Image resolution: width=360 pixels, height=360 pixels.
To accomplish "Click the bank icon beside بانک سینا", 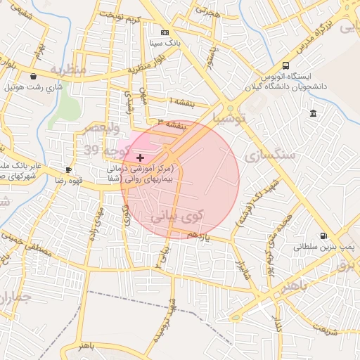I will point(165,32).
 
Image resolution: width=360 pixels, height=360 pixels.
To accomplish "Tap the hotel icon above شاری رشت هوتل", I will point(33,77).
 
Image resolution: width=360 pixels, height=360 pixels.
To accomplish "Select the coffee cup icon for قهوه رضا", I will point(68,169).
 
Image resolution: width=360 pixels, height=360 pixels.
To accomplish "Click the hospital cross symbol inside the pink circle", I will point(140,157).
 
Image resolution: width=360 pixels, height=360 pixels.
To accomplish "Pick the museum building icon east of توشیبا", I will point(312,113).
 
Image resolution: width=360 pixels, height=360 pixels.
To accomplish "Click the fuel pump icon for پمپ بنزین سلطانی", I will point(323,236).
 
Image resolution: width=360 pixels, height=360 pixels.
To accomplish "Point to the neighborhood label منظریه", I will point(67,70).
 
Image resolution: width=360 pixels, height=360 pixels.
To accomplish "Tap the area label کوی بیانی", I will point(176,217).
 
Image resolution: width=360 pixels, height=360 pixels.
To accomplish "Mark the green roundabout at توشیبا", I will point(230,110).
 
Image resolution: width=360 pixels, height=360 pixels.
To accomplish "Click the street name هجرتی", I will point(207,12).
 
